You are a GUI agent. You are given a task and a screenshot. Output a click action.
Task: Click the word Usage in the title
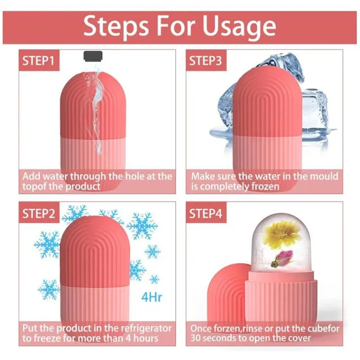pos(239,27)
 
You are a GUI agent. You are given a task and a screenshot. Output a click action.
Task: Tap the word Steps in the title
pos(116,26)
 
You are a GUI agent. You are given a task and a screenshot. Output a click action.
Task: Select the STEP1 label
pos(38,61)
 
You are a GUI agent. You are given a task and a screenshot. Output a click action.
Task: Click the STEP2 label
pos(39,213)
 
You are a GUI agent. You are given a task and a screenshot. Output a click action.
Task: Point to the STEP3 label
pos(206,61)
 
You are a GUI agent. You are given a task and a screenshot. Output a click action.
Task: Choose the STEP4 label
pos(206,213)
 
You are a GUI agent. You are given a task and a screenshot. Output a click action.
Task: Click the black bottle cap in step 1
pos(93,56)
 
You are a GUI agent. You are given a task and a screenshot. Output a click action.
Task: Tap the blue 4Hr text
pos(152,297)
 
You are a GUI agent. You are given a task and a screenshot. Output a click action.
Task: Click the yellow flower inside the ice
pos(284,234)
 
